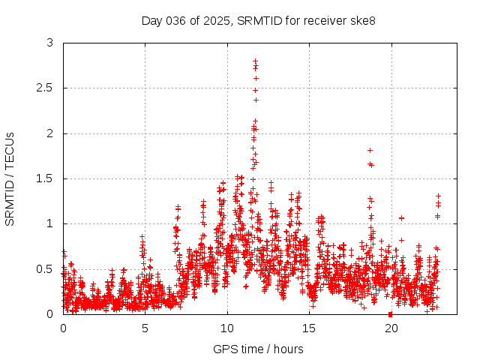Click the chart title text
259,20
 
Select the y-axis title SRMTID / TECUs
10,178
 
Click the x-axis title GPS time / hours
258,349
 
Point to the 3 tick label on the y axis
50,43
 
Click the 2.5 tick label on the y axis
45,88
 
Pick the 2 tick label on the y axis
50,133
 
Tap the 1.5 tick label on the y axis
45,178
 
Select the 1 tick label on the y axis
50,223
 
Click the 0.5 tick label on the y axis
45,268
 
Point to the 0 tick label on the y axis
50,313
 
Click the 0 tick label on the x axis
63,328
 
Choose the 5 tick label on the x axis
145,328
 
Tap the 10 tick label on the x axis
226,328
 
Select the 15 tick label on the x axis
308,328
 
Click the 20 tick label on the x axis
390,328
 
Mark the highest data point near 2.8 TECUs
256,61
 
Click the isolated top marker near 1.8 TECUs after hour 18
370,150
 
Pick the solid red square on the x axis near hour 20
390,313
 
